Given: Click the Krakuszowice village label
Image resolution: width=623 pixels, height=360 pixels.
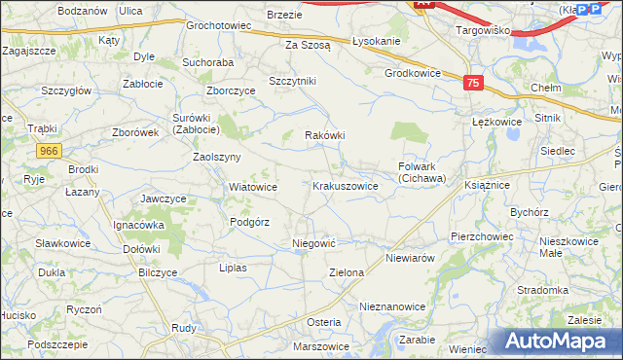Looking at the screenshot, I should [x=346, y=185].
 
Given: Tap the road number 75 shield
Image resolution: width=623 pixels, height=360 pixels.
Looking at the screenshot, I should [x=473, y=85].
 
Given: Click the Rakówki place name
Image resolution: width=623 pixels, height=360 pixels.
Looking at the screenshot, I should [x=325, y=136].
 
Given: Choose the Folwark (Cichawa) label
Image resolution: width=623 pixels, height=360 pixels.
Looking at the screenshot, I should [x=421, y=172].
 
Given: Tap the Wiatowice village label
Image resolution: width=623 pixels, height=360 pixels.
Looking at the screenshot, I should [x=252, y=187].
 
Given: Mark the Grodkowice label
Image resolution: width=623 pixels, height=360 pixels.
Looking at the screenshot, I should [x=414, y=73].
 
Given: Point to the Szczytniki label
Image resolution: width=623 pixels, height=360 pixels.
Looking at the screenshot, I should [x=293, y=81].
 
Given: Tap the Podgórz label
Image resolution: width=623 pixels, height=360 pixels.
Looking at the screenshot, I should [x=249, y=222].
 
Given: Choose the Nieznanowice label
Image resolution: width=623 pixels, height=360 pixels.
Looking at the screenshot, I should [x=392, y=306].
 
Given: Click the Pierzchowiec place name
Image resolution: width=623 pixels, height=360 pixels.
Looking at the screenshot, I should [x=482, y=236].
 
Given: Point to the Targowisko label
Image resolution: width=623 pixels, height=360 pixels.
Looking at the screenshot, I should [x=484, y=30].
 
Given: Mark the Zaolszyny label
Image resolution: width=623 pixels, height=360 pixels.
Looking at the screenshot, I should [x=217, y=157].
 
